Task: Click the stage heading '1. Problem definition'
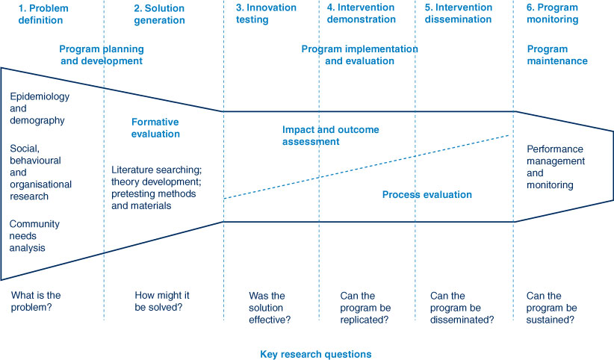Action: pos(43,14)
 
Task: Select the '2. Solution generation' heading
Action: pos(159,14)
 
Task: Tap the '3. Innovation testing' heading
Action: pos(266,13)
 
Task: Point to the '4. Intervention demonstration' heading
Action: pos(361,13)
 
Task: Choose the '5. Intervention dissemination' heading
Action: pos(459,13)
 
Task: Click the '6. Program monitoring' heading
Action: pos(552,13)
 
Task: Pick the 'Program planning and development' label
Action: pos(102,55)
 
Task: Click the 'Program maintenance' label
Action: pos(557,55)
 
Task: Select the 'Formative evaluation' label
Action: pos(155,128)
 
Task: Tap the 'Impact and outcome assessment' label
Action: pos(330,135)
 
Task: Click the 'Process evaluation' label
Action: pos(427,195)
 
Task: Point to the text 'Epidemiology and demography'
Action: pos(40,108)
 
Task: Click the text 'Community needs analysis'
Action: pos(34,236)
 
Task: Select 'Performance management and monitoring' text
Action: pos(556,167)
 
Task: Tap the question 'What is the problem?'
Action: pos(36,301)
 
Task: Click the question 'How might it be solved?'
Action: pos(162,301)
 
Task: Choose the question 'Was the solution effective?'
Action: pos(270,308)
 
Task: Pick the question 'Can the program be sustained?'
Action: pos(551,308)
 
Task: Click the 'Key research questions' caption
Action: pos(316,354)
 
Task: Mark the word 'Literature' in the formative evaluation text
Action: pos(132,170)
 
